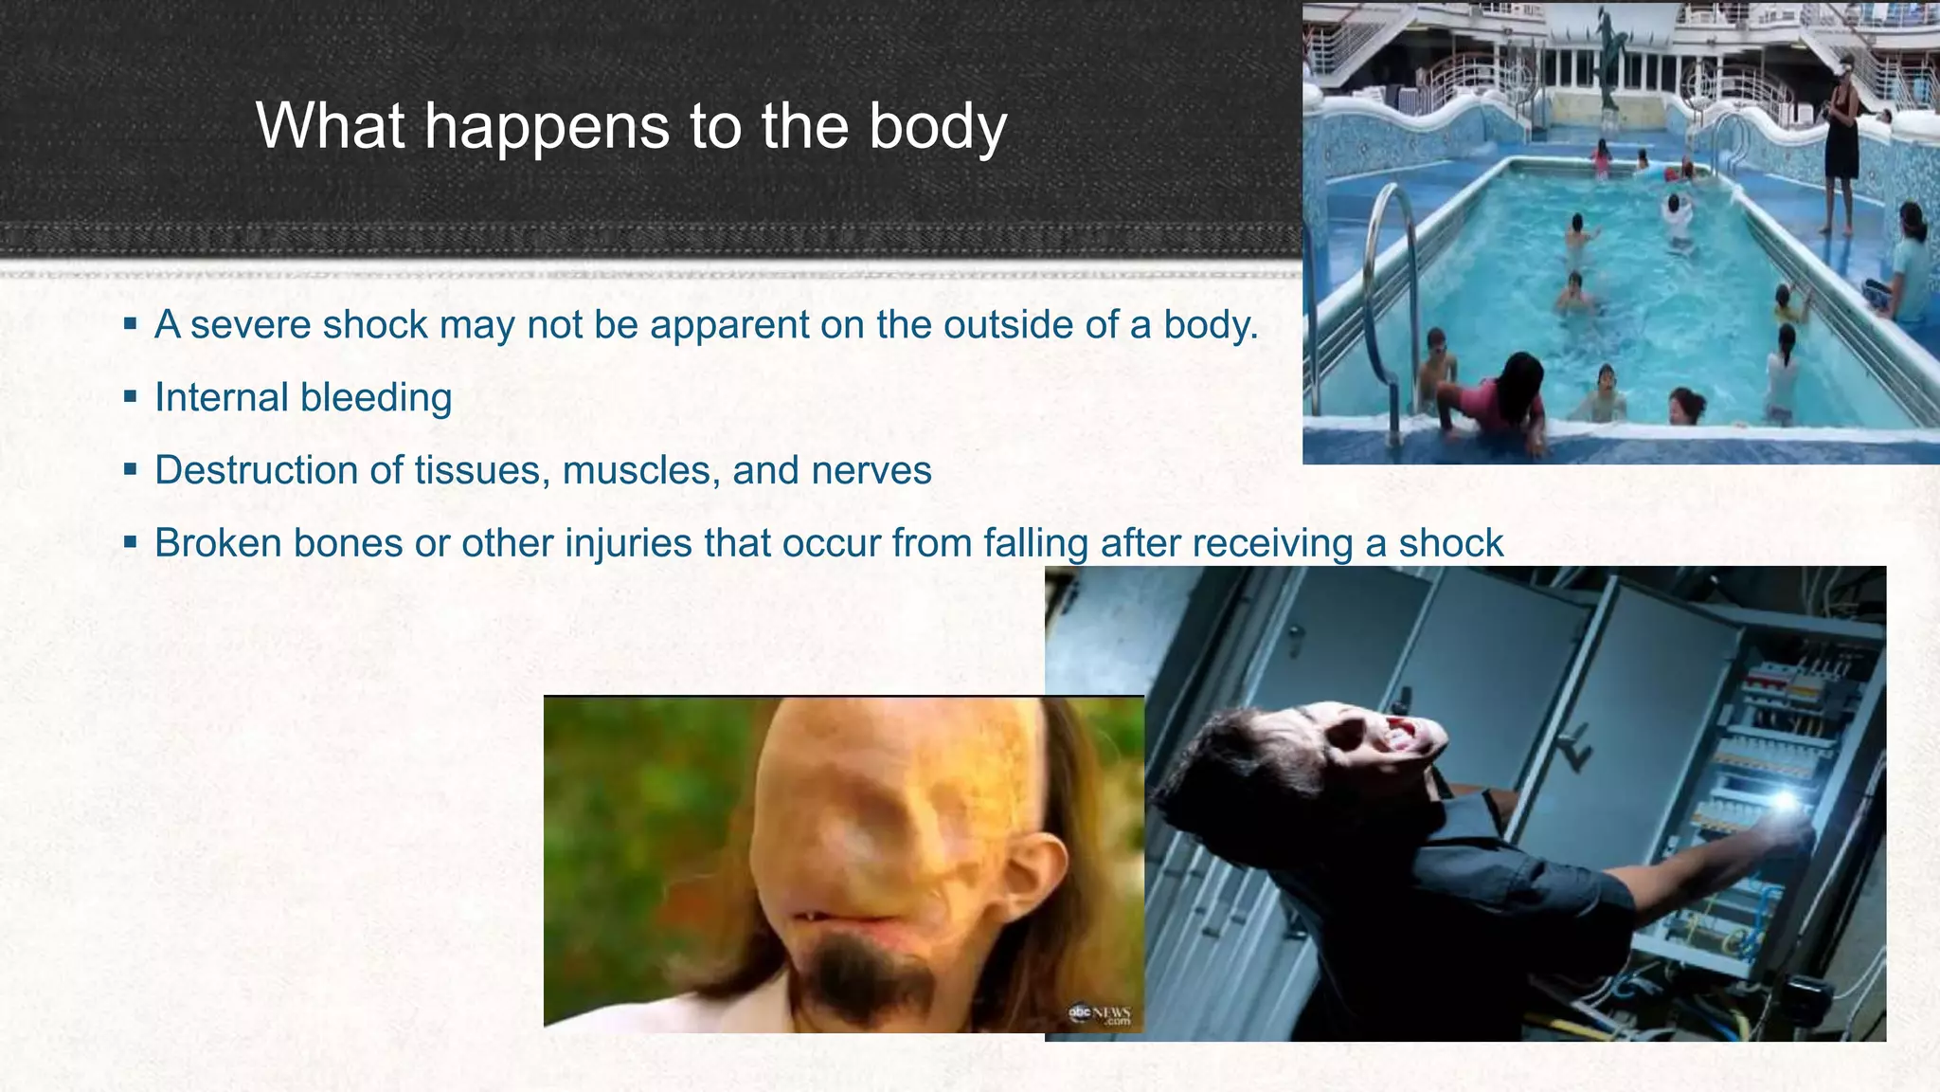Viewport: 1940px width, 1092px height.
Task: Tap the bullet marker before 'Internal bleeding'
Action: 131,395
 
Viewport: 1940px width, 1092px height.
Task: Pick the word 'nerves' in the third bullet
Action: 872,471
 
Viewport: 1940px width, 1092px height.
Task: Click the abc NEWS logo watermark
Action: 1101,1015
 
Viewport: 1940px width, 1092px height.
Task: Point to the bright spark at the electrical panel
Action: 1785,801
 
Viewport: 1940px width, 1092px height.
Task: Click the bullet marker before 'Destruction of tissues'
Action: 131,468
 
